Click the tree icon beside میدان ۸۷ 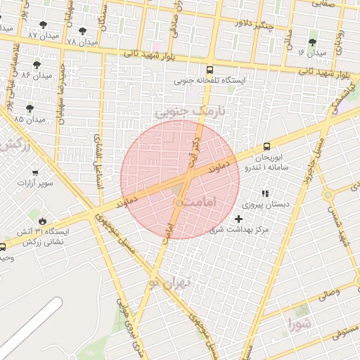coord(44,25)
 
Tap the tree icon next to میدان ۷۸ coord(83,32)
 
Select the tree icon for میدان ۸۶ coord(37,65)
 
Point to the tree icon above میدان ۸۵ coord(30,108)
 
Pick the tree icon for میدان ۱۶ coord(312,42)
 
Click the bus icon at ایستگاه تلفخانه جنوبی coord(210,70)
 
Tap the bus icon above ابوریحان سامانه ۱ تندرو coord(266,146)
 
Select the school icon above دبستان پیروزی coord(265,193)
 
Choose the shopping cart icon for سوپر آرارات coord(35,172)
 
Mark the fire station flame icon coord(42,219)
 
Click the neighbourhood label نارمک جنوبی coord(181,111)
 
